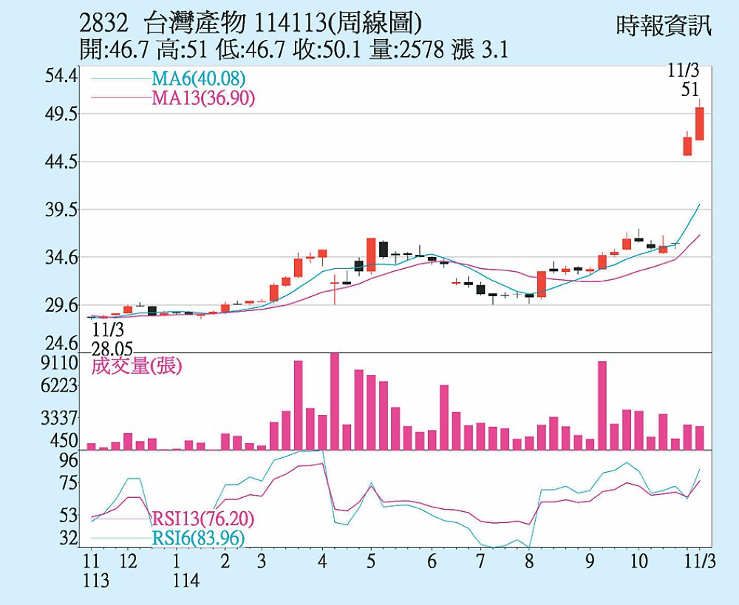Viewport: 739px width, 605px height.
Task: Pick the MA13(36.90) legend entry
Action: point(203,98)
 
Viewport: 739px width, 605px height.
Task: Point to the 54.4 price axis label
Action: point(61,76)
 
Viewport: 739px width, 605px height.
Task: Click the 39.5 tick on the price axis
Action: point(61,211)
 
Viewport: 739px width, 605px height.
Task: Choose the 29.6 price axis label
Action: point(61,306)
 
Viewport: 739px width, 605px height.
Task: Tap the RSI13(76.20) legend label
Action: point(197,519)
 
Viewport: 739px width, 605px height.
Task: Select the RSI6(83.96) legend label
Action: point(197,539)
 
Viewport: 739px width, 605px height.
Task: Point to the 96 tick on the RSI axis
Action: point(68,460)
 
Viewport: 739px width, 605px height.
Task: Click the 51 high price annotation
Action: point(690,89)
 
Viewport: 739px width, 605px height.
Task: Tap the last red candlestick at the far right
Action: point(699,123)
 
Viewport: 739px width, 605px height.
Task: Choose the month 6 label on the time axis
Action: point(432,561)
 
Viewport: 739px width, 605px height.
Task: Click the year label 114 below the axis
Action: point(187,581)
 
